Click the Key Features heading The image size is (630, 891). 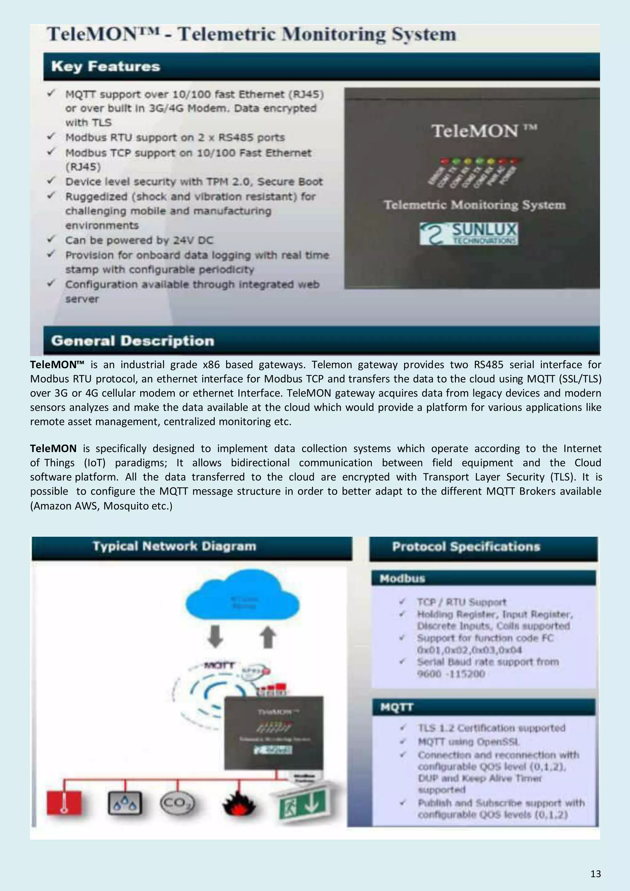[x=106, y=66]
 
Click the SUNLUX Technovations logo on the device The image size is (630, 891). [x=469, y=234]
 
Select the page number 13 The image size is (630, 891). [x=596, y=873]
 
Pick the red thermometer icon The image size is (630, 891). [x=64, y=802]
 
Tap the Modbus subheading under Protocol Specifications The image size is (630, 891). [x=403, y=579]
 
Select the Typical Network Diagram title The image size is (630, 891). [x=174, y=547]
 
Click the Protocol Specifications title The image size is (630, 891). [x=466, y=547]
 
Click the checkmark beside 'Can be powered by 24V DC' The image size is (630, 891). [x=51, y=240]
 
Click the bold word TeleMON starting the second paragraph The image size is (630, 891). [x=53, y=449]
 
